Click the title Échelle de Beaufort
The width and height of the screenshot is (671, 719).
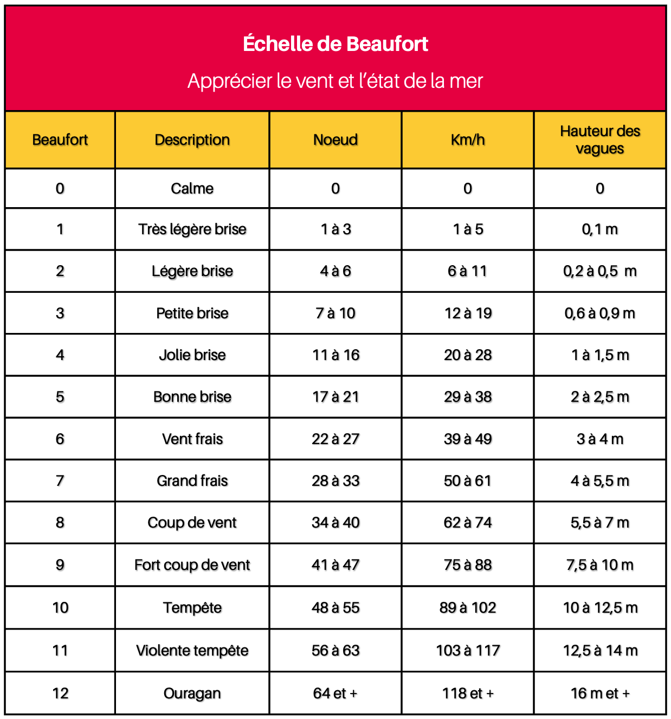click(335, 44)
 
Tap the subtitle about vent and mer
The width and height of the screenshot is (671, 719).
click(335, 81)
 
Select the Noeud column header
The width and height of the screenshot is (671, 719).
click(335, 140)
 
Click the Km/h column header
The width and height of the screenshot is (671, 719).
click(468, 140)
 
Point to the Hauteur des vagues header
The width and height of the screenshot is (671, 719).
click(600, 140)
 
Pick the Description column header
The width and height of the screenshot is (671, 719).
click(192, 140)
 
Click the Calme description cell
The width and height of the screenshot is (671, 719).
click(192, 189)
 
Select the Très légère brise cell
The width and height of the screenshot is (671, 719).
click(192, 229)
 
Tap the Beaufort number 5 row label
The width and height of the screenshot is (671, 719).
click(60, 397)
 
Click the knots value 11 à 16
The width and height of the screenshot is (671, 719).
click(335, 355)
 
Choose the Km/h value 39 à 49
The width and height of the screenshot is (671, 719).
click(468, 439)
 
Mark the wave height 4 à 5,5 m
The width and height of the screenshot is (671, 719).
click(600, 481)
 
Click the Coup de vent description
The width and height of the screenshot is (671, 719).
click(192, 523)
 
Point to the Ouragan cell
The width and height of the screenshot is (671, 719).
click(192, 694)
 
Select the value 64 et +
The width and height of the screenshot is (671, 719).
click(335, 694)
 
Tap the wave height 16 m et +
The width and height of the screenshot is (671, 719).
click(600, 694)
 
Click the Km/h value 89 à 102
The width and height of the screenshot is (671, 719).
click(468, 608)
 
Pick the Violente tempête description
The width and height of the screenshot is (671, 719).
click(192, 651)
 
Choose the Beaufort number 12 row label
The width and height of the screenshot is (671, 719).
click(60, 694)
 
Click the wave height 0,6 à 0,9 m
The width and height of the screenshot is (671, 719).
click(600, 313)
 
